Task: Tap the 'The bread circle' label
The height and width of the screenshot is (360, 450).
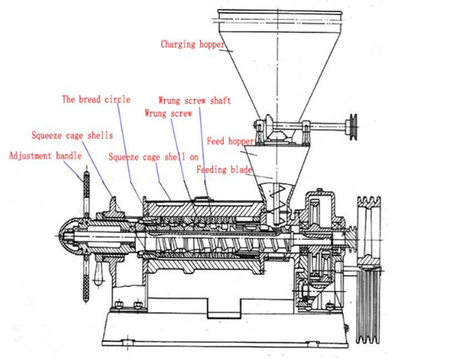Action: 96,100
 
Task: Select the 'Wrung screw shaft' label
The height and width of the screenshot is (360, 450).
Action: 194,100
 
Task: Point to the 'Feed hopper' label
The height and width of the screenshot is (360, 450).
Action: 230,142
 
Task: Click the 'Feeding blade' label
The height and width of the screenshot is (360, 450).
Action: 225,169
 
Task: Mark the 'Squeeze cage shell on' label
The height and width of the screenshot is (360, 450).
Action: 154,157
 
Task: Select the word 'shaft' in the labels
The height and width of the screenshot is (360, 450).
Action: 220,100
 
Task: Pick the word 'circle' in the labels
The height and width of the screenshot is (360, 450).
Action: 116,100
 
